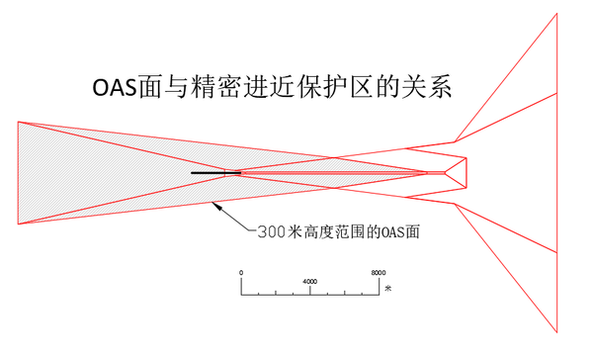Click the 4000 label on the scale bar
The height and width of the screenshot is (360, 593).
pos(309,282)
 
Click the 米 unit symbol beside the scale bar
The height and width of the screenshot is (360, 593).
pos(388,289)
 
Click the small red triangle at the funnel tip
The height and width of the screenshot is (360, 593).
pos(456,173)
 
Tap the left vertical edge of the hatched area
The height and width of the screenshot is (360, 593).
pos(18,173)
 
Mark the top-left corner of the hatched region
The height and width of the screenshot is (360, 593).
pos(18,121)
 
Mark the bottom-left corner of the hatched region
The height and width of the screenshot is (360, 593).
pos(18,225)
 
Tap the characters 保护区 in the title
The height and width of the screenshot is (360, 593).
pos(342,87)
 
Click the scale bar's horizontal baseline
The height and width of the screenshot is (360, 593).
pos(309,294)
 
